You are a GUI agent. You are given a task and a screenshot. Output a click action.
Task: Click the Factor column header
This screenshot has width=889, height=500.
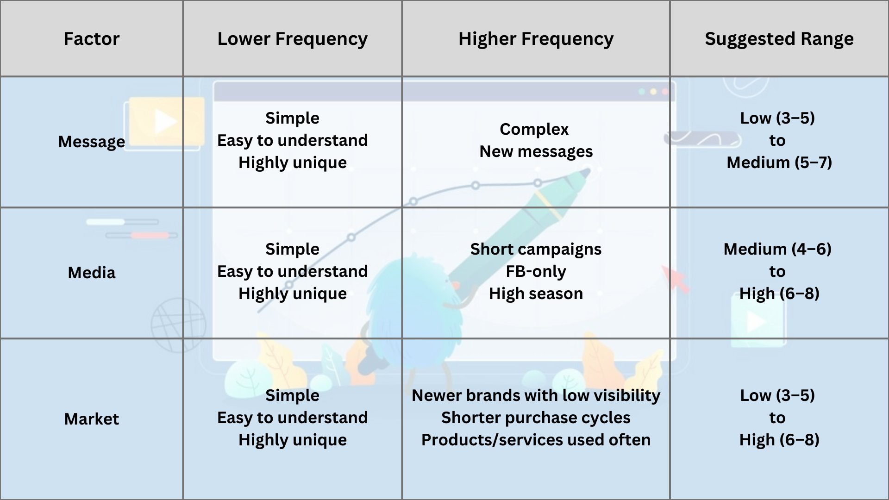coord(92,39)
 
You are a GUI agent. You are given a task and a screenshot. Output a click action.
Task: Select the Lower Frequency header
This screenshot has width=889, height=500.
coord(293,39)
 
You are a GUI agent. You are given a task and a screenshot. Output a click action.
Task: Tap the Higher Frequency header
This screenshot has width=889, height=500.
coord(536,39)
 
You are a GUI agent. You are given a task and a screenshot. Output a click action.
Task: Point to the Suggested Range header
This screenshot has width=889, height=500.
coord(779,39)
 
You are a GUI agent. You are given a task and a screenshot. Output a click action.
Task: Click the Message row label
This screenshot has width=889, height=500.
coord(92,142)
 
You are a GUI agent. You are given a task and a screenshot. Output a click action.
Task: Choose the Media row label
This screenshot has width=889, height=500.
coord(92,273)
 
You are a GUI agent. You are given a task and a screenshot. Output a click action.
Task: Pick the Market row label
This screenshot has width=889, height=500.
coord(92,419)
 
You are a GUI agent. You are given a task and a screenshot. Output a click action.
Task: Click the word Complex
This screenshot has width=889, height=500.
coord(534,130)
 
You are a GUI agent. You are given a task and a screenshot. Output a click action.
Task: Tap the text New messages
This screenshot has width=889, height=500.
coord(536,152)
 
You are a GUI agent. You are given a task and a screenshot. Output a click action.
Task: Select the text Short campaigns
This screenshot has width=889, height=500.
coord(536,250)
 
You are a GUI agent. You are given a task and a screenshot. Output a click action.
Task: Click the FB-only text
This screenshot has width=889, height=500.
coord(536,271)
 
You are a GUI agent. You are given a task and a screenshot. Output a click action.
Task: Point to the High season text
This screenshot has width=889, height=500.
coord(536,294)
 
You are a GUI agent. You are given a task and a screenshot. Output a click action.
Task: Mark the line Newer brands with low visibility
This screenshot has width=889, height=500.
coord(536,395)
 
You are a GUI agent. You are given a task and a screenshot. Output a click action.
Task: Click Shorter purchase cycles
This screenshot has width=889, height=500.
coord(536,418)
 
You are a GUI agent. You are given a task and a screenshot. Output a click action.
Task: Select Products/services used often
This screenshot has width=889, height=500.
coord(536,440)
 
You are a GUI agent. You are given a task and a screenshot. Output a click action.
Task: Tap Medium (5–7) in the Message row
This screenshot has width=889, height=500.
coord(779,162)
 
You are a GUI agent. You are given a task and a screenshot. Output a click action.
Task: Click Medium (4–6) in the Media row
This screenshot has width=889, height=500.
coord(777,250)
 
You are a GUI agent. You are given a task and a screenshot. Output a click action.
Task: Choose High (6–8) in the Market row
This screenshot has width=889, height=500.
coord(779,440)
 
